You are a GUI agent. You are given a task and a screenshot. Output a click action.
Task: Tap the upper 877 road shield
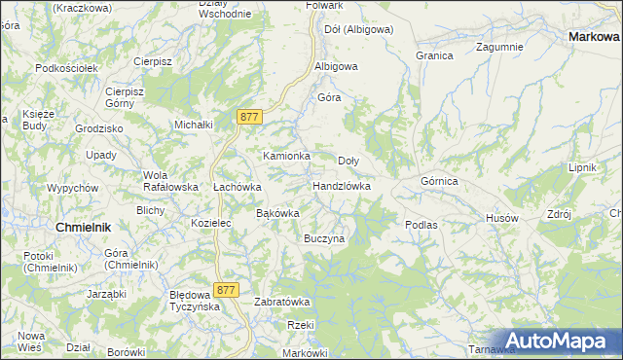pos(249,117)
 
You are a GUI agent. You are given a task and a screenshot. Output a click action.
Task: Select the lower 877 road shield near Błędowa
pos(227,290)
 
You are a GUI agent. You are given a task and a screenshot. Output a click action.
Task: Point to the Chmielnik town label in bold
pos(84,227)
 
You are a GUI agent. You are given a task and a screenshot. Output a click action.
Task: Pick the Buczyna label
pos(324,238)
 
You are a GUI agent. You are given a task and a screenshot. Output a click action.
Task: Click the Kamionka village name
pos(286,156)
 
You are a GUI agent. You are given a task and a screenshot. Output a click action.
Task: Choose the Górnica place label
pos(439,181)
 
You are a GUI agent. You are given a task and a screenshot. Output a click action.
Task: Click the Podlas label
pos(421,225)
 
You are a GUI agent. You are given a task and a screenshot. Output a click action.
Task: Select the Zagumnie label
pos(500,47)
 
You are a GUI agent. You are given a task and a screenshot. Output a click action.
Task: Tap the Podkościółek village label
pos(67,68)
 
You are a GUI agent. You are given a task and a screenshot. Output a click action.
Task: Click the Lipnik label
pos(582,167)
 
